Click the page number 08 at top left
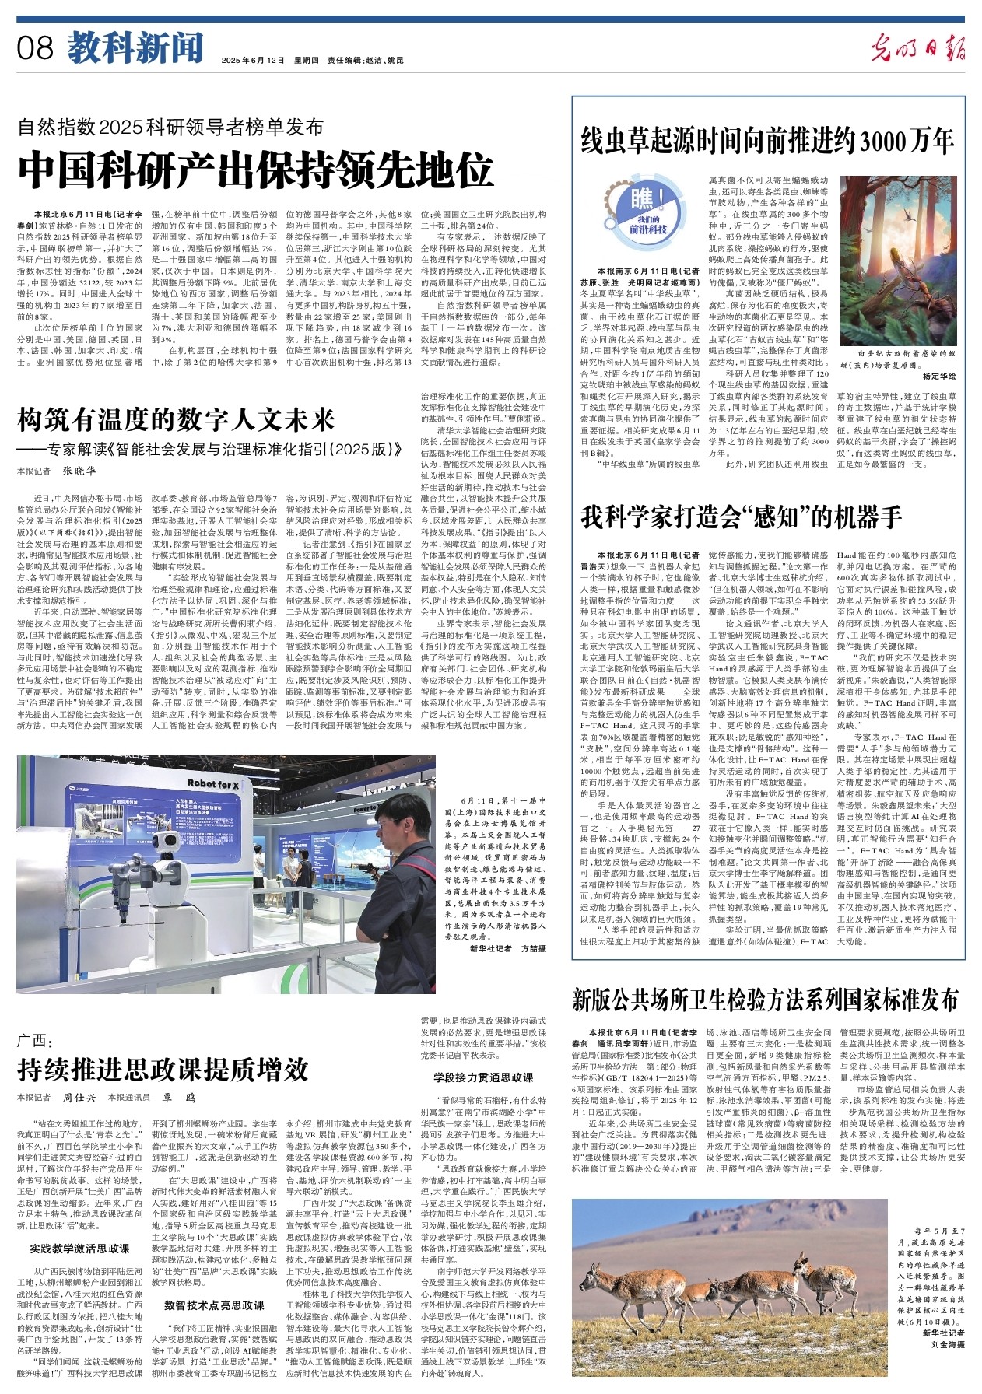pos(34,49)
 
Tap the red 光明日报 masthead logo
pos(917,48)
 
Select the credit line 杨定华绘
pos(938,375)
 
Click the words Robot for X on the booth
pos(212,784)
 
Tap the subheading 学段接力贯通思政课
pos(483,1077)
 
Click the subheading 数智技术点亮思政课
pos(214,1305)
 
